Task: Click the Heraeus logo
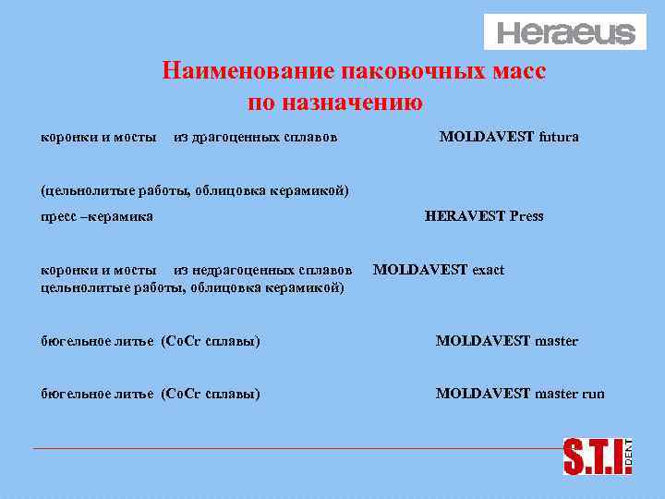[x=566, y=33]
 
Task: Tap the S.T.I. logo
[x=592, y=456]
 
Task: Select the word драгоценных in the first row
[x=229, y=138]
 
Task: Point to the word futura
[x=559, y=137]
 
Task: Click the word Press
[x=526, y=216]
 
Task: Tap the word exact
[x=488, y=270]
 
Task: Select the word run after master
[x=593, y=393]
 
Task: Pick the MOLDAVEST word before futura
[x=487, y=137]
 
